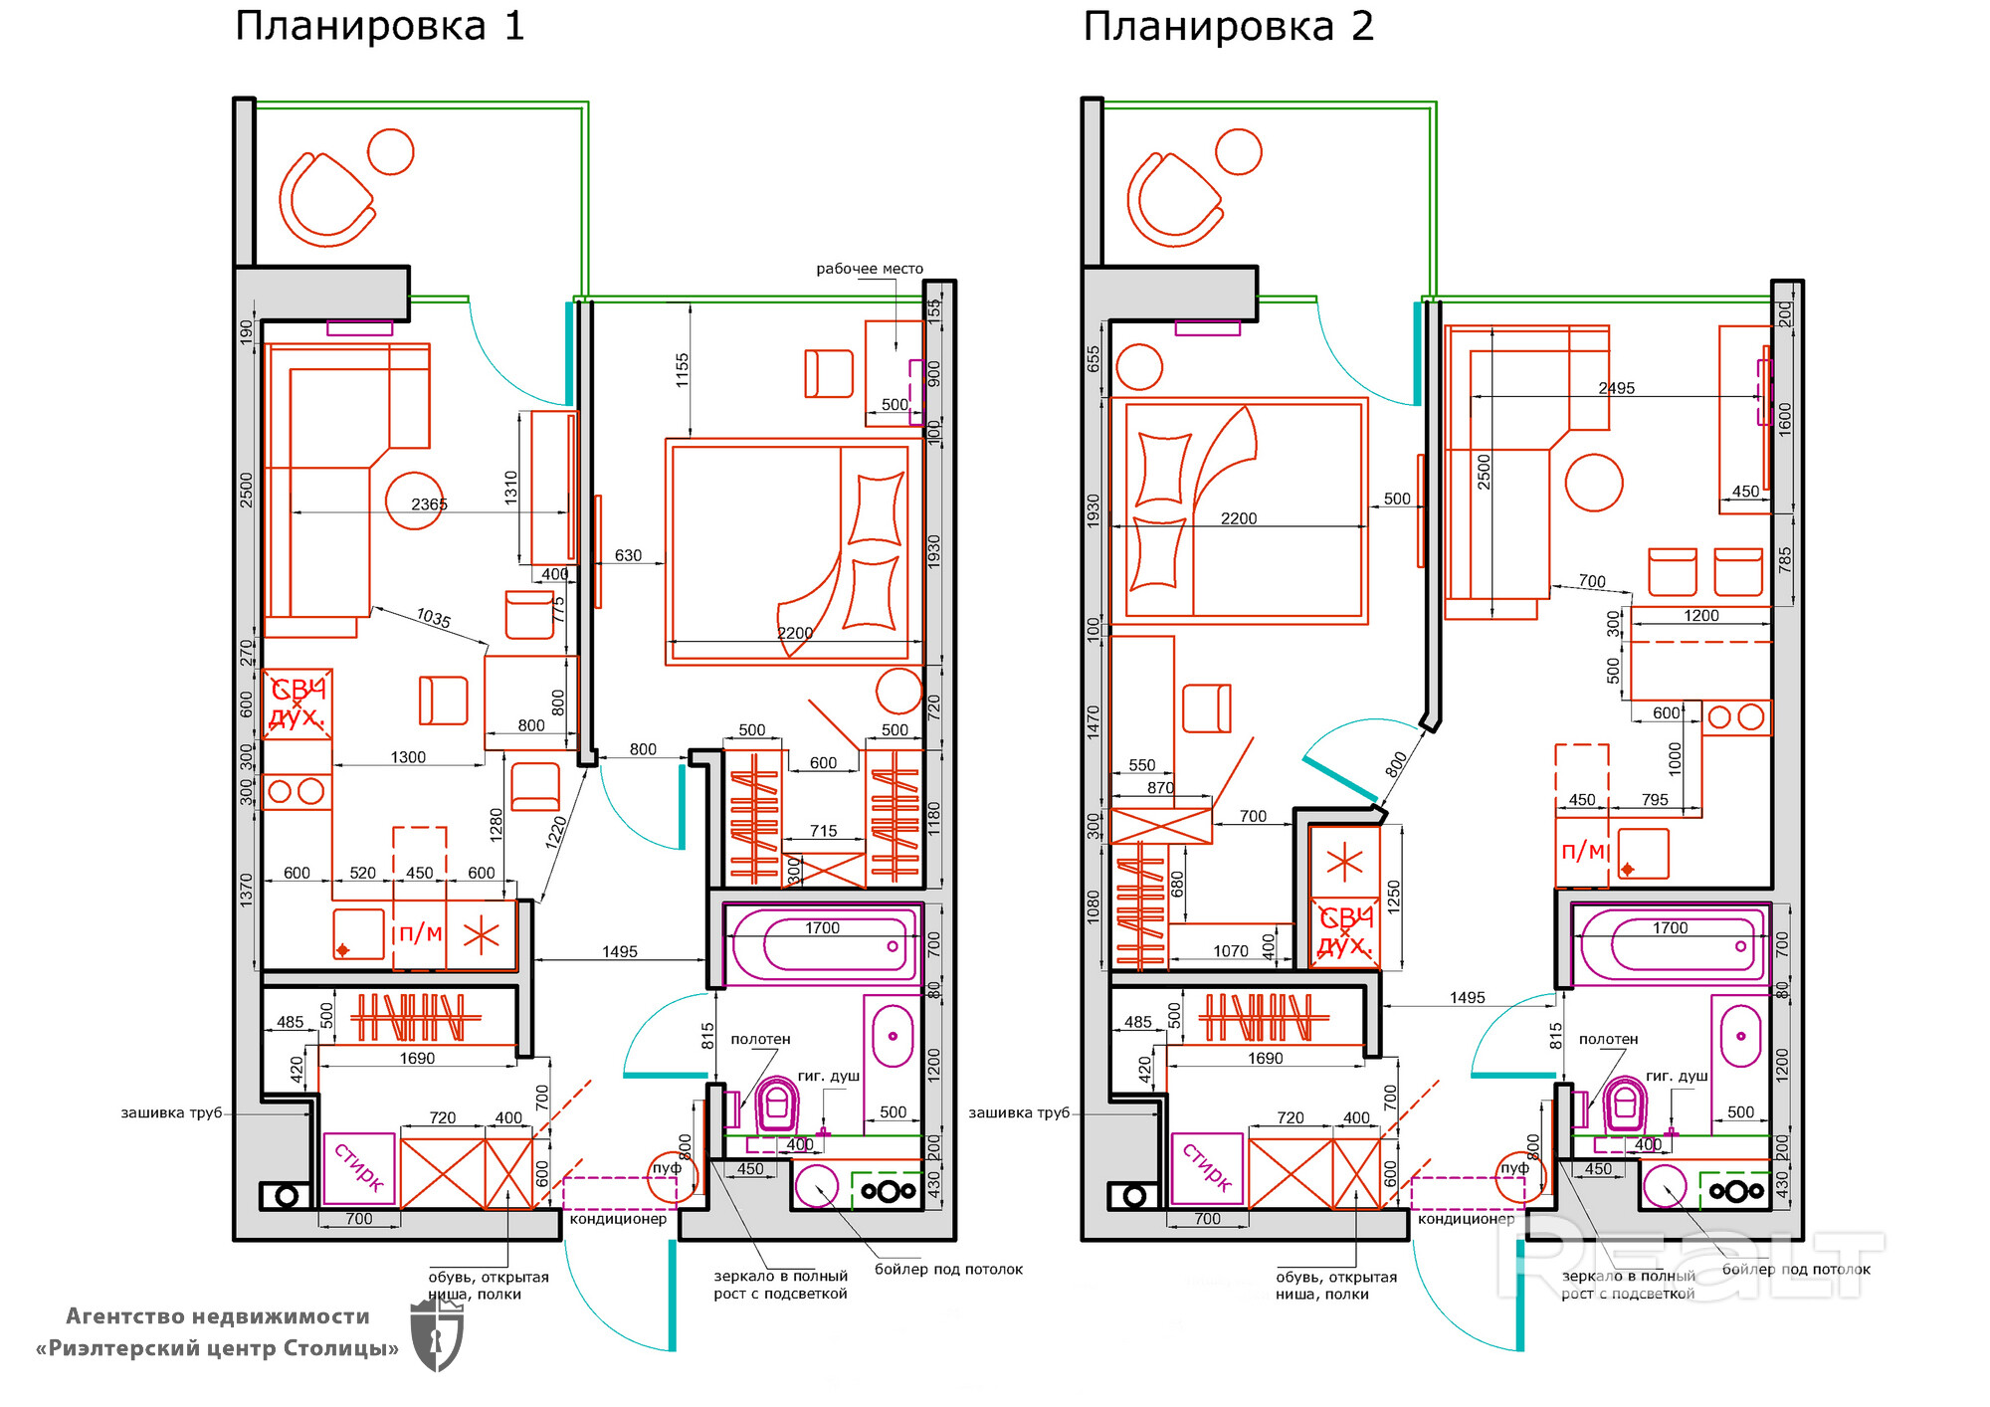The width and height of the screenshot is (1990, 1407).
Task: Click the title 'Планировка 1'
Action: tap(379, 26)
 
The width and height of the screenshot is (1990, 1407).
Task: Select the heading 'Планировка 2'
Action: tap(1228, 26)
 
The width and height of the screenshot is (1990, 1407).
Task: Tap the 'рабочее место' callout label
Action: tap(869, 269)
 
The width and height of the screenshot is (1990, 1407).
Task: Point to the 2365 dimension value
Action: tap(429, 504)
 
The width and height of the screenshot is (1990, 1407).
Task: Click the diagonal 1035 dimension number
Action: tap(434, 618)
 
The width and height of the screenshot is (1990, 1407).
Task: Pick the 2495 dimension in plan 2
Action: tap(1616, 388)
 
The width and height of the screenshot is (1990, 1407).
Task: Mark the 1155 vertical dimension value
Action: tap(682, 370)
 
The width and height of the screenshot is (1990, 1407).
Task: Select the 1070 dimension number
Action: tap(1230, 951)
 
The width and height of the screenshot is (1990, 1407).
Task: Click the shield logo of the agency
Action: tap(437, 1333)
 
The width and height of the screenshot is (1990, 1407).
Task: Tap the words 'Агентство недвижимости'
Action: tap(217, 1316)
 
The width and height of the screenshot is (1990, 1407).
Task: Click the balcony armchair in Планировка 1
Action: tap(325, 199)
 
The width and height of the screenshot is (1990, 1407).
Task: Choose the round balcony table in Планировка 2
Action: tap(1239, 152)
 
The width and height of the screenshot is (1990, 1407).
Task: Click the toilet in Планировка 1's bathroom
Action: tap(777, 1104)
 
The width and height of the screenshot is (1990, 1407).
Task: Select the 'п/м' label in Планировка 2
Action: tap(1582, 851)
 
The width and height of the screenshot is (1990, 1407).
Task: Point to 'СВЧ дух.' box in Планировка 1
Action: tap(298, 703)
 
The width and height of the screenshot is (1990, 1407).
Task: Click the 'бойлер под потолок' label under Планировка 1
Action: tap(948, 1269)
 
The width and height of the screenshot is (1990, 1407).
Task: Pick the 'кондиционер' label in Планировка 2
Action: tap(1466, 1219)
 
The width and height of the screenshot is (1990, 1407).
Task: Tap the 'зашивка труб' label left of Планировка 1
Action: tap(171, 1112)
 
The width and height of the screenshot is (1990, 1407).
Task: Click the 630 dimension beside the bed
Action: tap(628, 555)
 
